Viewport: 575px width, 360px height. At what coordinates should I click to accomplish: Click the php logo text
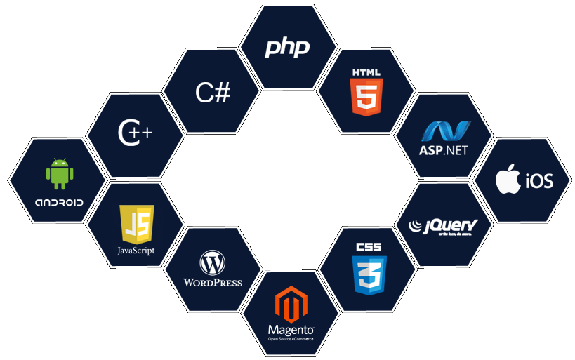coord(287,48)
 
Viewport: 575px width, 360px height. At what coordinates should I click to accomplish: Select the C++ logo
coord(136,133)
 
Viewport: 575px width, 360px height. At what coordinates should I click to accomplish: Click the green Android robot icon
coord(60,174)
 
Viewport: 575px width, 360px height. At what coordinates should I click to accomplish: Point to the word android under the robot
coord(59,202)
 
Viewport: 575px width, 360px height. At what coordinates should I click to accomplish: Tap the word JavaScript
coord(136,251)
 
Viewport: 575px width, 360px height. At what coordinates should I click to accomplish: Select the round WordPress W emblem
coord(212,264)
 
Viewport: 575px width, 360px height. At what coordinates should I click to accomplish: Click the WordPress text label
coord(212,283)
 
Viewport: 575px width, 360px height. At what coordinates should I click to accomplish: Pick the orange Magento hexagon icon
coord(290,304)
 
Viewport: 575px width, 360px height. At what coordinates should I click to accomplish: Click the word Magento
coord(290,330)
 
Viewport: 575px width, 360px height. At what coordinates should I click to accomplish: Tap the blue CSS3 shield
coord(369,274)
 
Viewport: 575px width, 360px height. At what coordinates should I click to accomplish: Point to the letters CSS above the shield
coord(369,247)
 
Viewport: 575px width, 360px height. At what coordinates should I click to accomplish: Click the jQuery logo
coord(444,226)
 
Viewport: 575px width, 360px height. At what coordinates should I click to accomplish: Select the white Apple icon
coord(509,180)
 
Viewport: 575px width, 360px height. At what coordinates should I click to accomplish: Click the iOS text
coord(538,182)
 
